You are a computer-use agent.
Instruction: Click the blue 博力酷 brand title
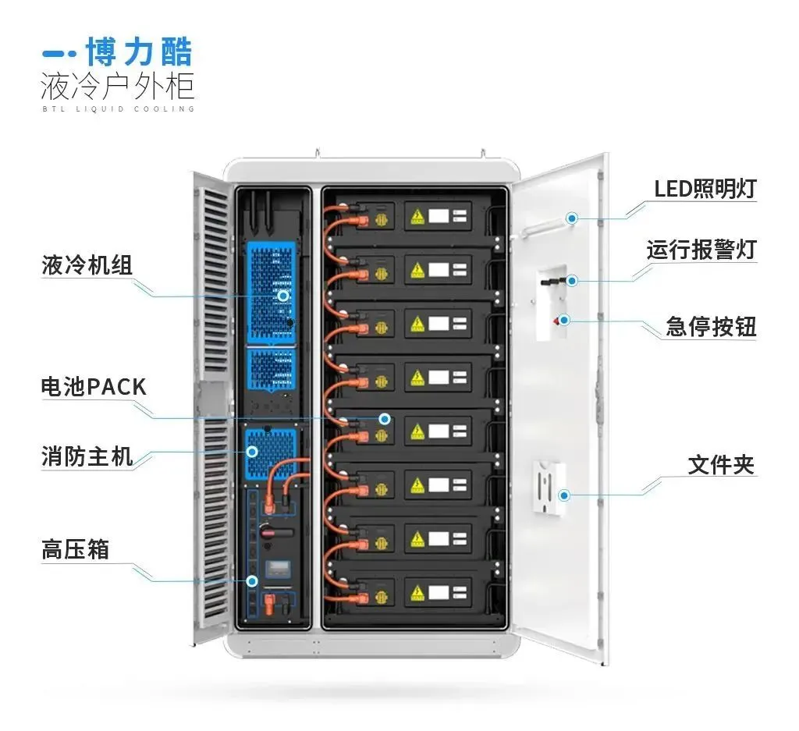[139, 52]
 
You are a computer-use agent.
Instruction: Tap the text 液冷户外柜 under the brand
[117, 85]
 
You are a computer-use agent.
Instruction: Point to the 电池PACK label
[94, 386]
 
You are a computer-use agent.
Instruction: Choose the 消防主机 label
[87, 456]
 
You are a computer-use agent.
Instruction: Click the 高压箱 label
[75, 550]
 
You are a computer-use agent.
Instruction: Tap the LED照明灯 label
[705, 189]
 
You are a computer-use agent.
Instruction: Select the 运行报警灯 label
[701, 250]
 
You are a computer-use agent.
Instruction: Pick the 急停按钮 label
[711, 326]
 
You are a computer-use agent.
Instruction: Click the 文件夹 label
[721, 465]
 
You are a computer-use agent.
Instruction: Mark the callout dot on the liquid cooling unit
[283, 296]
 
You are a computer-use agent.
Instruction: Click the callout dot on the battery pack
[385, 418]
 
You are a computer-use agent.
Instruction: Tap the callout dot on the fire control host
[253, 451]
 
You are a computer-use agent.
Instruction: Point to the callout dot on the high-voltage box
[252, 580]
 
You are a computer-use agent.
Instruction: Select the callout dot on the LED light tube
[572, 218]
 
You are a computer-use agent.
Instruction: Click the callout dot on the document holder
[564, 495]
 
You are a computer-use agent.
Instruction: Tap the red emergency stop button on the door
[557, 320]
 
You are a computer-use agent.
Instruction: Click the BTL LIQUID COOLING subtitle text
[117, 108]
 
